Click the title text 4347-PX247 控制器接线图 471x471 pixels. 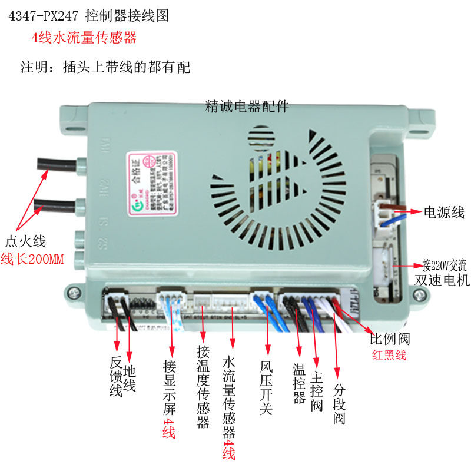click(x=88, y=16)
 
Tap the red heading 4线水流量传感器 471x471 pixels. click(x=84, y=38)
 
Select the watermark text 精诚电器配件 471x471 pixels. click(x=247, y=107)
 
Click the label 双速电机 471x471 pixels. click(x=442, y=280)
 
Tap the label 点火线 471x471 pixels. click(x=25, y=241)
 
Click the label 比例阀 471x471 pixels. click(x=389, y=339)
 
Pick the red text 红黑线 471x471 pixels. click(x=389, y=356)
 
